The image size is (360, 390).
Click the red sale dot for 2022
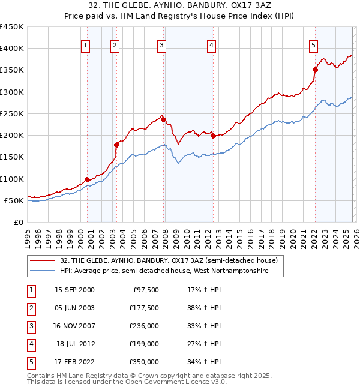click(315, 70)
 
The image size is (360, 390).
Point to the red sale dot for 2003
click(117, 144)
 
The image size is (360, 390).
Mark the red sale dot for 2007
click(163, 119)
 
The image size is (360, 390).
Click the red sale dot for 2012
click(213, 136)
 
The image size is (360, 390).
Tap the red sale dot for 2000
click(88, 179)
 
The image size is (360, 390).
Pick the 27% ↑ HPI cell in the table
click(203, 344)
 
